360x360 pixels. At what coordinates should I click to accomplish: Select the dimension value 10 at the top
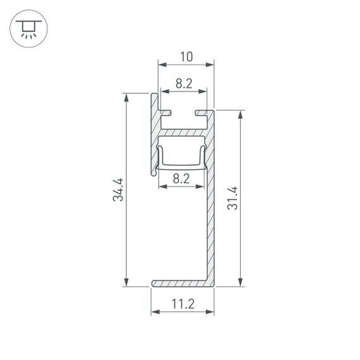[x=186, y=57]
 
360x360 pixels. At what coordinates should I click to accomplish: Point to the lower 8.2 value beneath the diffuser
[x=181, y=179]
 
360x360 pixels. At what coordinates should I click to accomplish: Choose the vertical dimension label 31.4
[x=233, y=198]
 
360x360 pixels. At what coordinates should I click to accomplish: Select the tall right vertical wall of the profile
[x=210, y=208]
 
